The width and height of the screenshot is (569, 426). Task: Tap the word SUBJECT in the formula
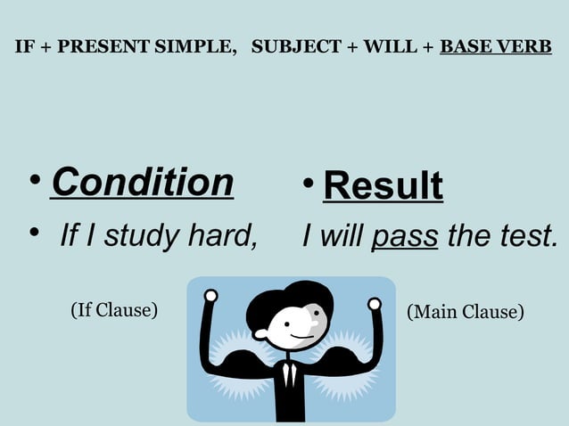tap(290, 46)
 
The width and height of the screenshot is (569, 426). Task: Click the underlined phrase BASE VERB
tap(496, 46)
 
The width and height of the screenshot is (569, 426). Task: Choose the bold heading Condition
tap(143, 182)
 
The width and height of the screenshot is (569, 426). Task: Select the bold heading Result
tap(383, 185)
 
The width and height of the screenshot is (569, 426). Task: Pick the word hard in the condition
tap(219, 237)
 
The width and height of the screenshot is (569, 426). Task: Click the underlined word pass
tap(405, 237)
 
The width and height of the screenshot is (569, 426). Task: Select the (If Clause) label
tap(113, 310)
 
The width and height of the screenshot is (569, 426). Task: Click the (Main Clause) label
tap(465, 312)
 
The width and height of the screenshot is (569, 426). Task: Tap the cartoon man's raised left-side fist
tap(210, 296)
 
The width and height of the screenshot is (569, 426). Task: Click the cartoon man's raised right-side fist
tap(375, 305)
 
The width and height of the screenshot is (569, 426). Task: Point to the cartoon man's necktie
tap(288, 375)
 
